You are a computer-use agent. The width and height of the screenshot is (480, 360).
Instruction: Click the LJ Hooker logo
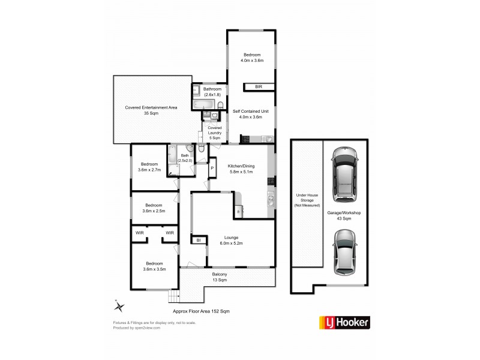[344, 322]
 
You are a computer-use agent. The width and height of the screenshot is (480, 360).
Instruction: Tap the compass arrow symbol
[119, 306]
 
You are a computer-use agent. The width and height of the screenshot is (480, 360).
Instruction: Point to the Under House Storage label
[306, 200]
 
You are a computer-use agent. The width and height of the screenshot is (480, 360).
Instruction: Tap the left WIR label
[139, 233]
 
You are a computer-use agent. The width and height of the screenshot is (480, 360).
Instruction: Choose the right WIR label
[170, 233]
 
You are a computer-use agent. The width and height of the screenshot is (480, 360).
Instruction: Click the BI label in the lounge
[198, 241]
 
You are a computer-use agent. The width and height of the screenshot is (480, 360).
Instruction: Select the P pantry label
[211, 169]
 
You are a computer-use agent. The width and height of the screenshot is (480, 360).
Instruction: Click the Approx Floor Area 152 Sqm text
[201, 311]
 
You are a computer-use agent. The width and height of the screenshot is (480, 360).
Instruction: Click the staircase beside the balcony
[175, 296]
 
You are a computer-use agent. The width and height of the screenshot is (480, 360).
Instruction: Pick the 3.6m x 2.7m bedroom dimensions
[149, 170]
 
